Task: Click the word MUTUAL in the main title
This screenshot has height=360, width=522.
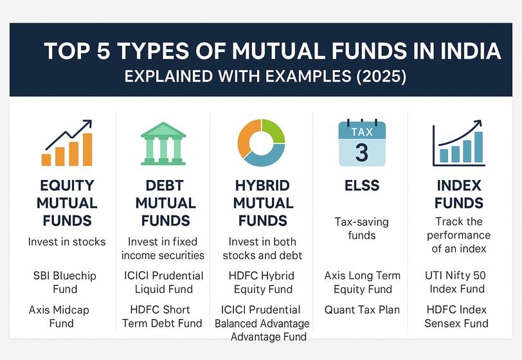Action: click(278, 51)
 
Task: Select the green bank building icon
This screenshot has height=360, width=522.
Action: click(163, 143)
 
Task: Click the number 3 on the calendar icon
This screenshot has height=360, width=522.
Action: click(362, 152)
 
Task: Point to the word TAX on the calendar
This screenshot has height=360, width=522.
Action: click(362, 132)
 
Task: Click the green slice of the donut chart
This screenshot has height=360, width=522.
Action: click(273, 131)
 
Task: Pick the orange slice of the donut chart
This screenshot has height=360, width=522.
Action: click(249, 138)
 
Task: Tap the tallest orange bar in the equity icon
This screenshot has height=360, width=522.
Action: click(87, 149)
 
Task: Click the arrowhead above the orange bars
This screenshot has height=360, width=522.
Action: click(87, 123)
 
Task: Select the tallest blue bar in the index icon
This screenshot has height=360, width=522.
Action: click(478, 147)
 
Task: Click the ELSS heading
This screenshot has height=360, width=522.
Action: click(362, 185)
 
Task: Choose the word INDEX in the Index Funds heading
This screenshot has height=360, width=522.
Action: click(459, 186)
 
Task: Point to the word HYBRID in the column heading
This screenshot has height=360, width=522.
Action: click(262, 186)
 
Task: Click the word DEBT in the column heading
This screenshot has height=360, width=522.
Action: click(165, 186)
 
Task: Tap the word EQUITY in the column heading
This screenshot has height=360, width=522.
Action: click(67, 186)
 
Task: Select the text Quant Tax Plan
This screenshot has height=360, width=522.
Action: click(362, 310)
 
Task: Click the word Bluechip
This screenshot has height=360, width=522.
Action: click(75, 276)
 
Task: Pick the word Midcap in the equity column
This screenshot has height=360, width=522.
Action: click(71, 310)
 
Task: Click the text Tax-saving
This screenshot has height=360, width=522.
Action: click(361, 222)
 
